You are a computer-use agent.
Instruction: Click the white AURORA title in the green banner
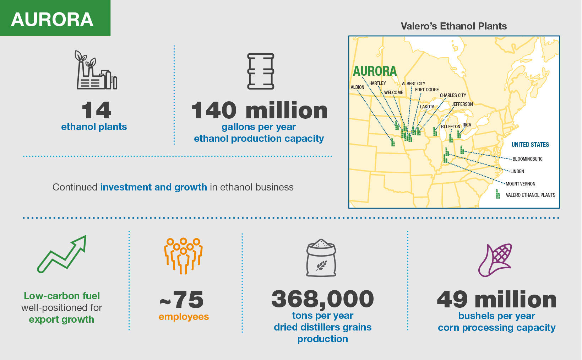pos(52,20)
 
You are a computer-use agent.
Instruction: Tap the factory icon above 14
pos(96,71)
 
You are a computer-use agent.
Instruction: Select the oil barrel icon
pos(261,71)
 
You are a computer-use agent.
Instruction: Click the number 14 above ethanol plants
pos(96,111)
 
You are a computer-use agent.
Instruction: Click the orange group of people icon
pos(183,255)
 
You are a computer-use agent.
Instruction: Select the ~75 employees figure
pos(182,300)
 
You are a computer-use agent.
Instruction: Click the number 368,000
pos(322,299)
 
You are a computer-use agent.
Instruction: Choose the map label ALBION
pos(357,87)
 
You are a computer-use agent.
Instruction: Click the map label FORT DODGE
pos(427,90)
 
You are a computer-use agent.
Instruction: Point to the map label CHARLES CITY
pos(453,95)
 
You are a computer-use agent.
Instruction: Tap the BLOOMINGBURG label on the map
pos(527,159)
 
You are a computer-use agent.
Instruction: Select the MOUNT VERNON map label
pos(520,184)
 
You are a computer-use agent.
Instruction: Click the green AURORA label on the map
pos(375,71)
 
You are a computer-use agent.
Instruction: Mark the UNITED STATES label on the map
pos(530,145)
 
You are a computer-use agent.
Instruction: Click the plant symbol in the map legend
pos(497,194)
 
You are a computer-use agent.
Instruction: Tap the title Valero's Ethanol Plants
pos(453,26)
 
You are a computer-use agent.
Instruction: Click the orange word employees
pos(184,317)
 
